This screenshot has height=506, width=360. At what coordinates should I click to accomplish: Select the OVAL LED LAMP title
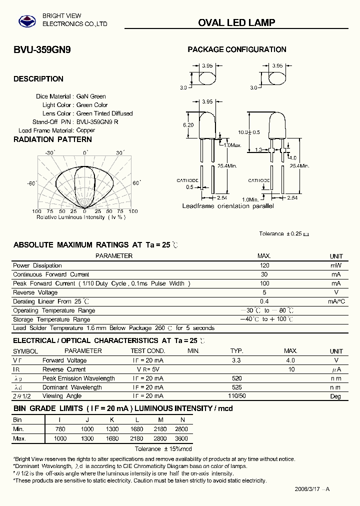tap(236, 22)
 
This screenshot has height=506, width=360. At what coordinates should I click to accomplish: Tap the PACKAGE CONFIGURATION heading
tap(236, 49)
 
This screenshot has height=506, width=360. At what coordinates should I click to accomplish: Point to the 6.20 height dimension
tap(188, 125)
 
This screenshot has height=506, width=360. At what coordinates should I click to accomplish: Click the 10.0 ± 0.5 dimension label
tap(249, 132)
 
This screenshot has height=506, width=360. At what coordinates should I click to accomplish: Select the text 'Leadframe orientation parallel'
tap(227, 206)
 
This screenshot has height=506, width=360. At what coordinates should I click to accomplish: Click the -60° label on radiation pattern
tap(31, 183)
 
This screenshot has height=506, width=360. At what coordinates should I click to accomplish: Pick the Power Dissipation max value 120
tap(264, 265)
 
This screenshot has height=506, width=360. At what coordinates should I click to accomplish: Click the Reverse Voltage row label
tap(35, 292)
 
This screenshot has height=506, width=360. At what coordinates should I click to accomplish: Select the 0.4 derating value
tap(264, 301)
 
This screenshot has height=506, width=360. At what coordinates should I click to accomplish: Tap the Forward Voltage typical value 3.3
tap(237, 360)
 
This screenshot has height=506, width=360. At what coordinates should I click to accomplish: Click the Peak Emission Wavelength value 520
tap(237, 378)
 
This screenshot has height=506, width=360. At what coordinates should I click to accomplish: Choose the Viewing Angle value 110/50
tap(237, 396)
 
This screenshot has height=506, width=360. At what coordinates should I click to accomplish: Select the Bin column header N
tap(182, 420)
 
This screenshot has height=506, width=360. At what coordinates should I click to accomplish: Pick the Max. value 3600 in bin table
tap(182, 438)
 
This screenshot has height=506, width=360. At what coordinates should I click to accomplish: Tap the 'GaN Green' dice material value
tap(91, 96)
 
